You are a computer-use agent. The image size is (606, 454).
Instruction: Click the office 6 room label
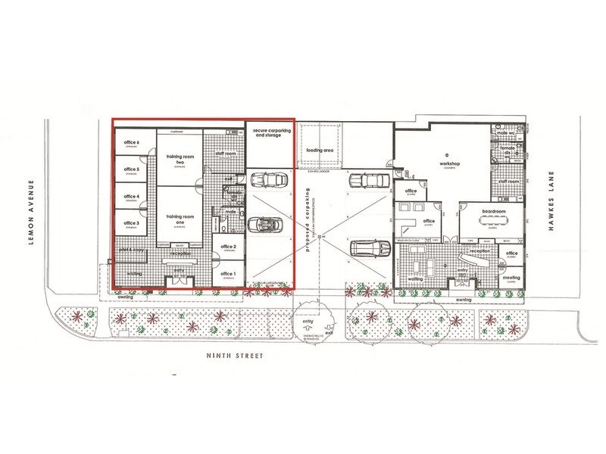132,143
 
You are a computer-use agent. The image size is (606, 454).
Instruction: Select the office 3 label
132,223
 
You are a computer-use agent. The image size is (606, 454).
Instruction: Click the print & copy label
131,249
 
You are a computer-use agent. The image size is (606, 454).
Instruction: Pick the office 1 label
228,274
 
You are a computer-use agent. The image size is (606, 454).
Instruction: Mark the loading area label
320,150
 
